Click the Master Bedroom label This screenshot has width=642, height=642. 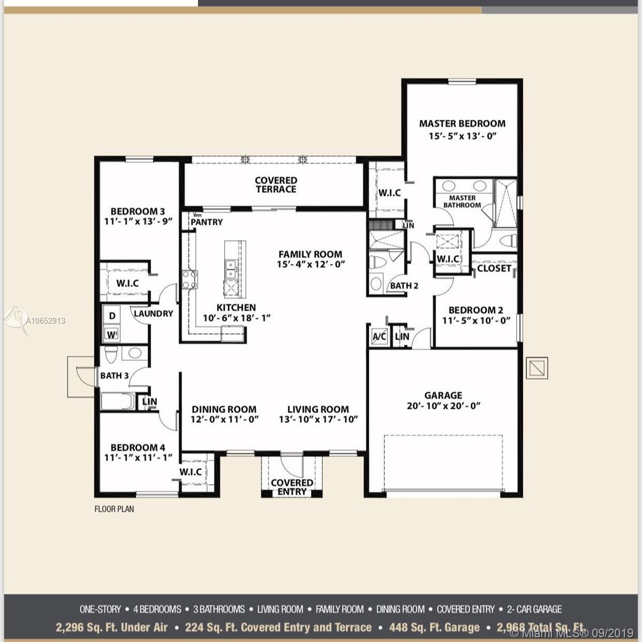coord(462,123)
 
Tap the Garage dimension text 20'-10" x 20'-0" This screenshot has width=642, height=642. coord(443,406)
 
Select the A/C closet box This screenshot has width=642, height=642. coord(379,337)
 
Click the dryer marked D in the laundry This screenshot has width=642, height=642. coord(112,316)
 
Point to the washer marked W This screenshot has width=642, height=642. coord(112,335)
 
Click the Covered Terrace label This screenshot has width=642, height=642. coord(276,185)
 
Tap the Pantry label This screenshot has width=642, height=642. coord(207,221)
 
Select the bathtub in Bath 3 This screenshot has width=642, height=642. coord(118,402)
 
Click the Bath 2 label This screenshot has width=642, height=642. coord(404,285)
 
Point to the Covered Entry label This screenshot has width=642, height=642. coord(292,487)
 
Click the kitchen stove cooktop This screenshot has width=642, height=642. coord(189,279)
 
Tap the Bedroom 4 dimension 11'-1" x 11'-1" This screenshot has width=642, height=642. coord(138,458)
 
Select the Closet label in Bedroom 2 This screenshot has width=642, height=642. coord(494,268)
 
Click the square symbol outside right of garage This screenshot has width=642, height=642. coord(537,368)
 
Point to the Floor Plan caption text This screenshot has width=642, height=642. coord(114,509)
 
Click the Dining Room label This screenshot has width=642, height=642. coord(224,409)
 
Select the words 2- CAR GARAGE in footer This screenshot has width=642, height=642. coord(534,609)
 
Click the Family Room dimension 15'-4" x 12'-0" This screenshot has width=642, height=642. coord(310,264)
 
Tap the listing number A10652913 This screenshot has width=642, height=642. coord(45,321)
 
